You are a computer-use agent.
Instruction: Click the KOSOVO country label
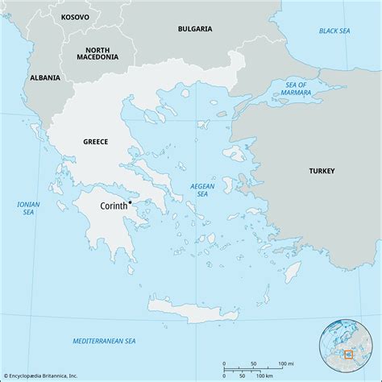pos(76,15)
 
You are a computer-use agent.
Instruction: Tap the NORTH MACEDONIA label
pos(98,52)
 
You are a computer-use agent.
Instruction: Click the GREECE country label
pos(95,142)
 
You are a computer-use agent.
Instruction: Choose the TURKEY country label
pos(321,171)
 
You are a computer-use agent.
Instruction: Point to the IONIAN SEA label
pos(28,209)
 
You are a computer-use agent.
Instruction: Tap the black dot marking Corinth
pos(119,201)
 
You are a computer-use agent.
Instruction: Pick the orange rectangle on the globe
pos(349,353)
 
